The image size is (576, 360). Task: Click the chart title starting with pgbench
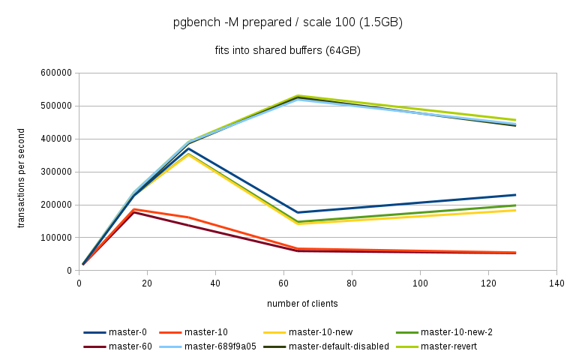[x=288, y=22]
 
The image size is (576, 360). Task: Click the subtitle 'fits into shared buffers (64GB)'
[x=288, y=51]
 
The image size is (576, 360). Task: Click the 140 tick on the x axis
[x=556, y=283]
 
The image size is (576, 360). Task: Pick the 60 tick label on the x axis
[x=283, y=283]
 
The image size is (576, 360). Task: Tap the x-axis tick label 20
[x=147, y=283]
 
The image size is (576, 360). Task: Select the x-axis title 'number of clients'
[x=302, y=304]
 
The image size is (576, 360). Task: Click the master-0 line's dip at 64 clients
[x=298, y=212]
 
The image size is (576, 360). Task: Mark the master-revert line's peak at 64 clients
[x=298, y=96]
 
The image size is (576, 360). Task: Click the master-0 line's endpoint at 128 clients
[x=515, y=195]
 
